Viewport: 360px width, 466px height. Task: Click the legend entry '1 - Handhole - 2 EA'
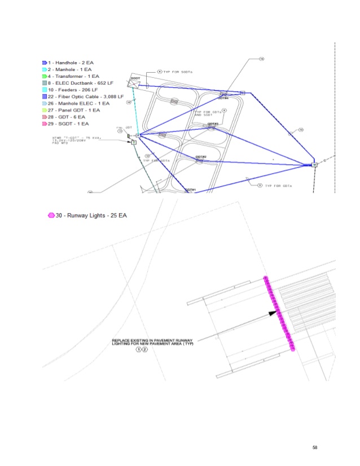pos(71,62)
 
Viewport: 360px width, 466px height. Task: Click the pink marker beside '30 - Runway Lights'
pos(51,216)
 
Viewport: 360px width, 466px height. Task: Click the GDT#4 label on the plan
pos(223,98)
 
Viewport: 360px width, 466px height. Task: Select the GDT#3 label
pos(213,124)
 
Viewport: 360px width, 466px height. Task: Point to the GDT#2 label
pos(201,156)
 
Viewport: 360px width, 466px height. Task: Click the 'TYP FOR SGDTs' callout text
pos(176,72)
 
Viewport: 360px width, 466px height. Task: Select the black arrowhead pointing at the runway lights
pos(274,313)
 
